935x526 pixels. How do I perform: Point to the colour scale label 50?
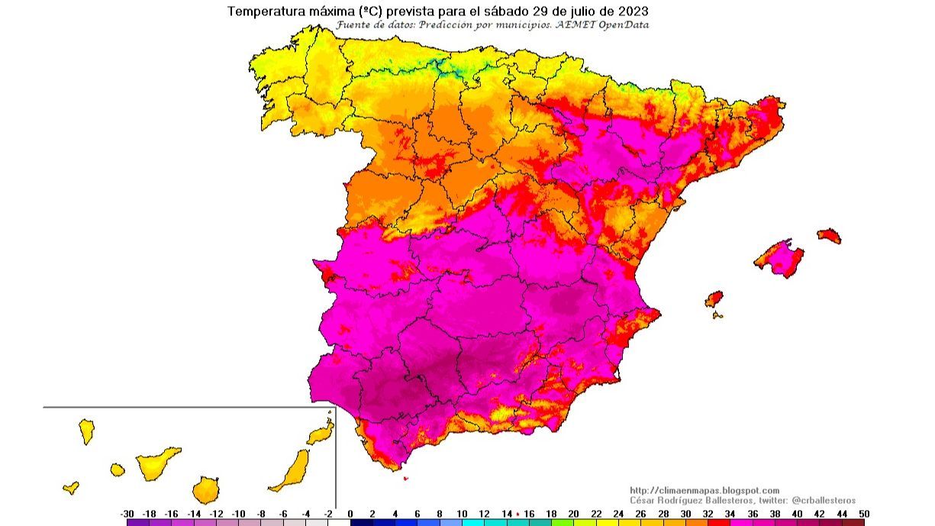863,514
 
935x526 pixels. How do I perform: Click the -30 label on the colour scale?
127,514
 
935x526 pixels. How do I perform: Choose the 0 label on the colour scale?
350,514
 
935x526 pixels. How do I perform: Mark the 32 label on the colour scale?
708,514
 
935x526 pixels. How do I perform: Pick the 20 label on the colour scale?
573,514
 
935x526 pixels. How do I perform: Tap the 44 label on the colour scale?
841,514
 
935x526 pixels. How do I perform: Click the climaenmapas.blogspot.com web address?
704,490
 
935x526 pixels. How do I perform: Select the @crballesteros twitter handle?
824,500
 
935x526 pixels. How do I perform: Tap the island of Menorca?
829,235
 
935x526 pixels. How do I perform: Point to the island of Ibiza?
714,298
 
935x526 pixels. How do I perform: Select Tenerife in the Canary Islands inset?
158,463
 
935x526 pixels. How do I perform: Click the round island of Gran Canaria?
205,489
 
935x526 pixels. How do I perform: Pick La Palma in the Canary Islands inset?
86,431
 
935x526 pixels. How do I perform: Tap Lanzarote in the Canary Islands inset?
321,433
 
